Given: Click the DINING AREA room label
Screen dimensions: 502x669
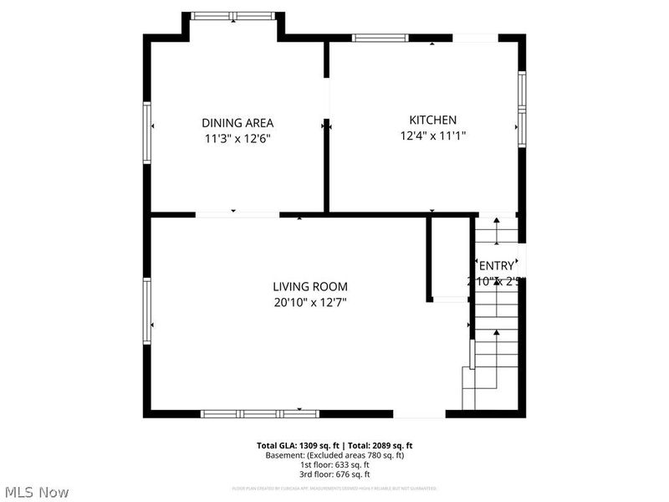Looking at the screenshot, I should click(x=237, y=123).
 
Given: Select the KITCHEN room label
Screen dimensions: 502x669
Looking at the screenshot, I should click(x=432, y=120).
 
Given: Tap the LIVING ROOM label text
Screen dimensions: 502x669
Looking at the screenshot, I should click(x=309, y=286).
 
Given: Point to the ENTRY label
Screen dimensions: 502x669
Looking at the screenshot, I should click(x=497, y=266).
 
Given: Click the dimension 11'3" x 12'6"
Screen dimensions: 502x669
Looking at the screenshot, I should click(x=237, y=139).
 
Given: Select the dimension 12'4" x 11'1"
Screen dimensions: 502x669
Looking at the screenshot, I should click(x=432, y=136).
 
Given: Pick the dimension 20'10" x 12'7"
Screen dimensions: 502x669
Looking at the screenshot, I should click(x=309, y=302).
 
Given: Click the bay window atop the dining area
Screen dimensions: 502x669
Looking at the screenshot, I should click(x=232, y=15).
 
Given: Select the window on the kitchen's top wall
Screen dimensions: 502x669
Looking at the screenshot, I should click(x=380, y=38).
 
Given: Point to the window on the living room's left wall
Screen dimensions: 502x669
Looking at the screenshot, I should click(x=147, y=311).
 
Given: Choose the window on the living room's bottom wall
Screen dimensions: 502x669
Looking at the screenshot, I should click(x=260, y=413).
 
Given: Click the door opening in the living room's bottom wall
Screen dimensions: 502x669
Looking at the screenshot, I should click(x=419, y=413).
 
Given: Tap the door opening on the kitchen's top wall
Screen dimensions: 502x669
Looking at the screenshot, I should click(x=475, y=38).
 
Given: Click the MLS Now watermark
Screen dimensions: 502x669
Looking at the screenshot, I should click(x=36, y=492).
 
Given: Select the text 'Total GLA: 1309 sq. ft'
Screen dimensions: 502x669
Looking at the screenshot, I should click(x=299, y=446).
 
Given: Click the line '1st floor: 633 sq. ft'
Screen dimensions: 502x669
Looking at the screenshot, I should click(x=334, y=464).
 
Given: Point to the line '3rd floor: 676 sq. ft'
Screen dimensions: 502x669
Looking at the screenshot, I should click(x=334, y=474).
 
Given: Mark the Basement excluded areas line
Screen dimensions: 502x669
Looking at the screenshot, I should click(x=334, y=455).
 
